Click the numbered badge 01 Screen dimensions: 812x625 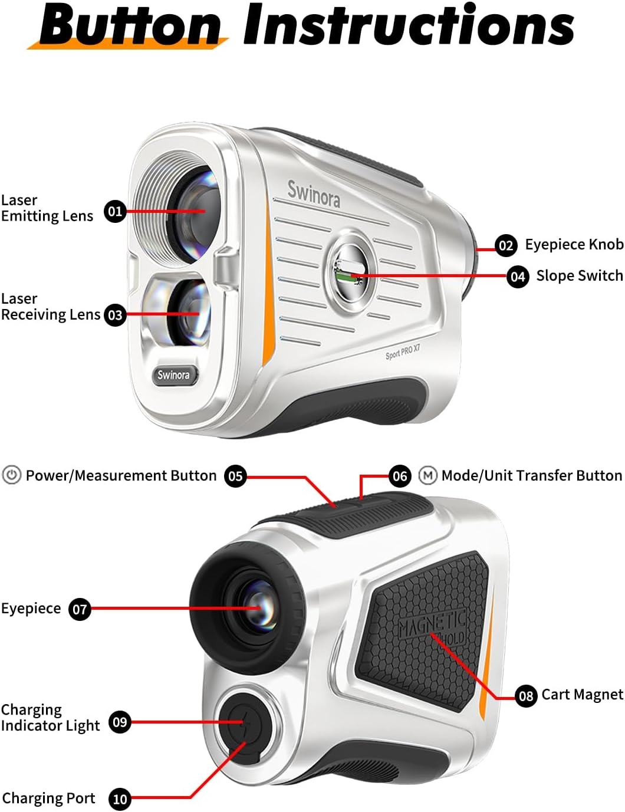tap(115, 211)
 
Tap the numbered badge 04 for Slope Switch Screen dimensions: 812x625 tap(518, 276)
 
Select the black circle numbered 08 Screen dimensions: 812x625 tap(526, 696)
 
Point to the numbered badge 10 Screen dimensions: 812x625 tap(120, 799)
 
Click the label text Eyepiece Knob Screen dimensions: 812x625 tap(574, 244)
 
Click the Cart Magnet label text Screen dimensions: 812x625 tap(582, 695)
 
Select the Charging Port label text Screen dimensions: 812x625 tap(48, 798)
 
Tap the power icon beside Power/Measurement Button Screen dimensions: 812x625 tap(12, 475)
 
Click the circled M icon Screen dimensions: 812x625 tap(427, 475)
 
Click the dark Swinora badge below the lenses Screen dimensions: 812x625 tap(173, 375)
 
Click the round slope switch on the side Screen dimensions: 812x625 tap(352, 271)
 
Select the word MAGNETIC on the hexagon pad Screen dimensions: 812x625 tap(432, 623)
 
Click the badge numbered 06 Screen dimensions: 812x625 tap(400, 475)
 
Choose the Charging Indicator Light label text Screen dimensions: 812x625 tap(50, 717)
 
